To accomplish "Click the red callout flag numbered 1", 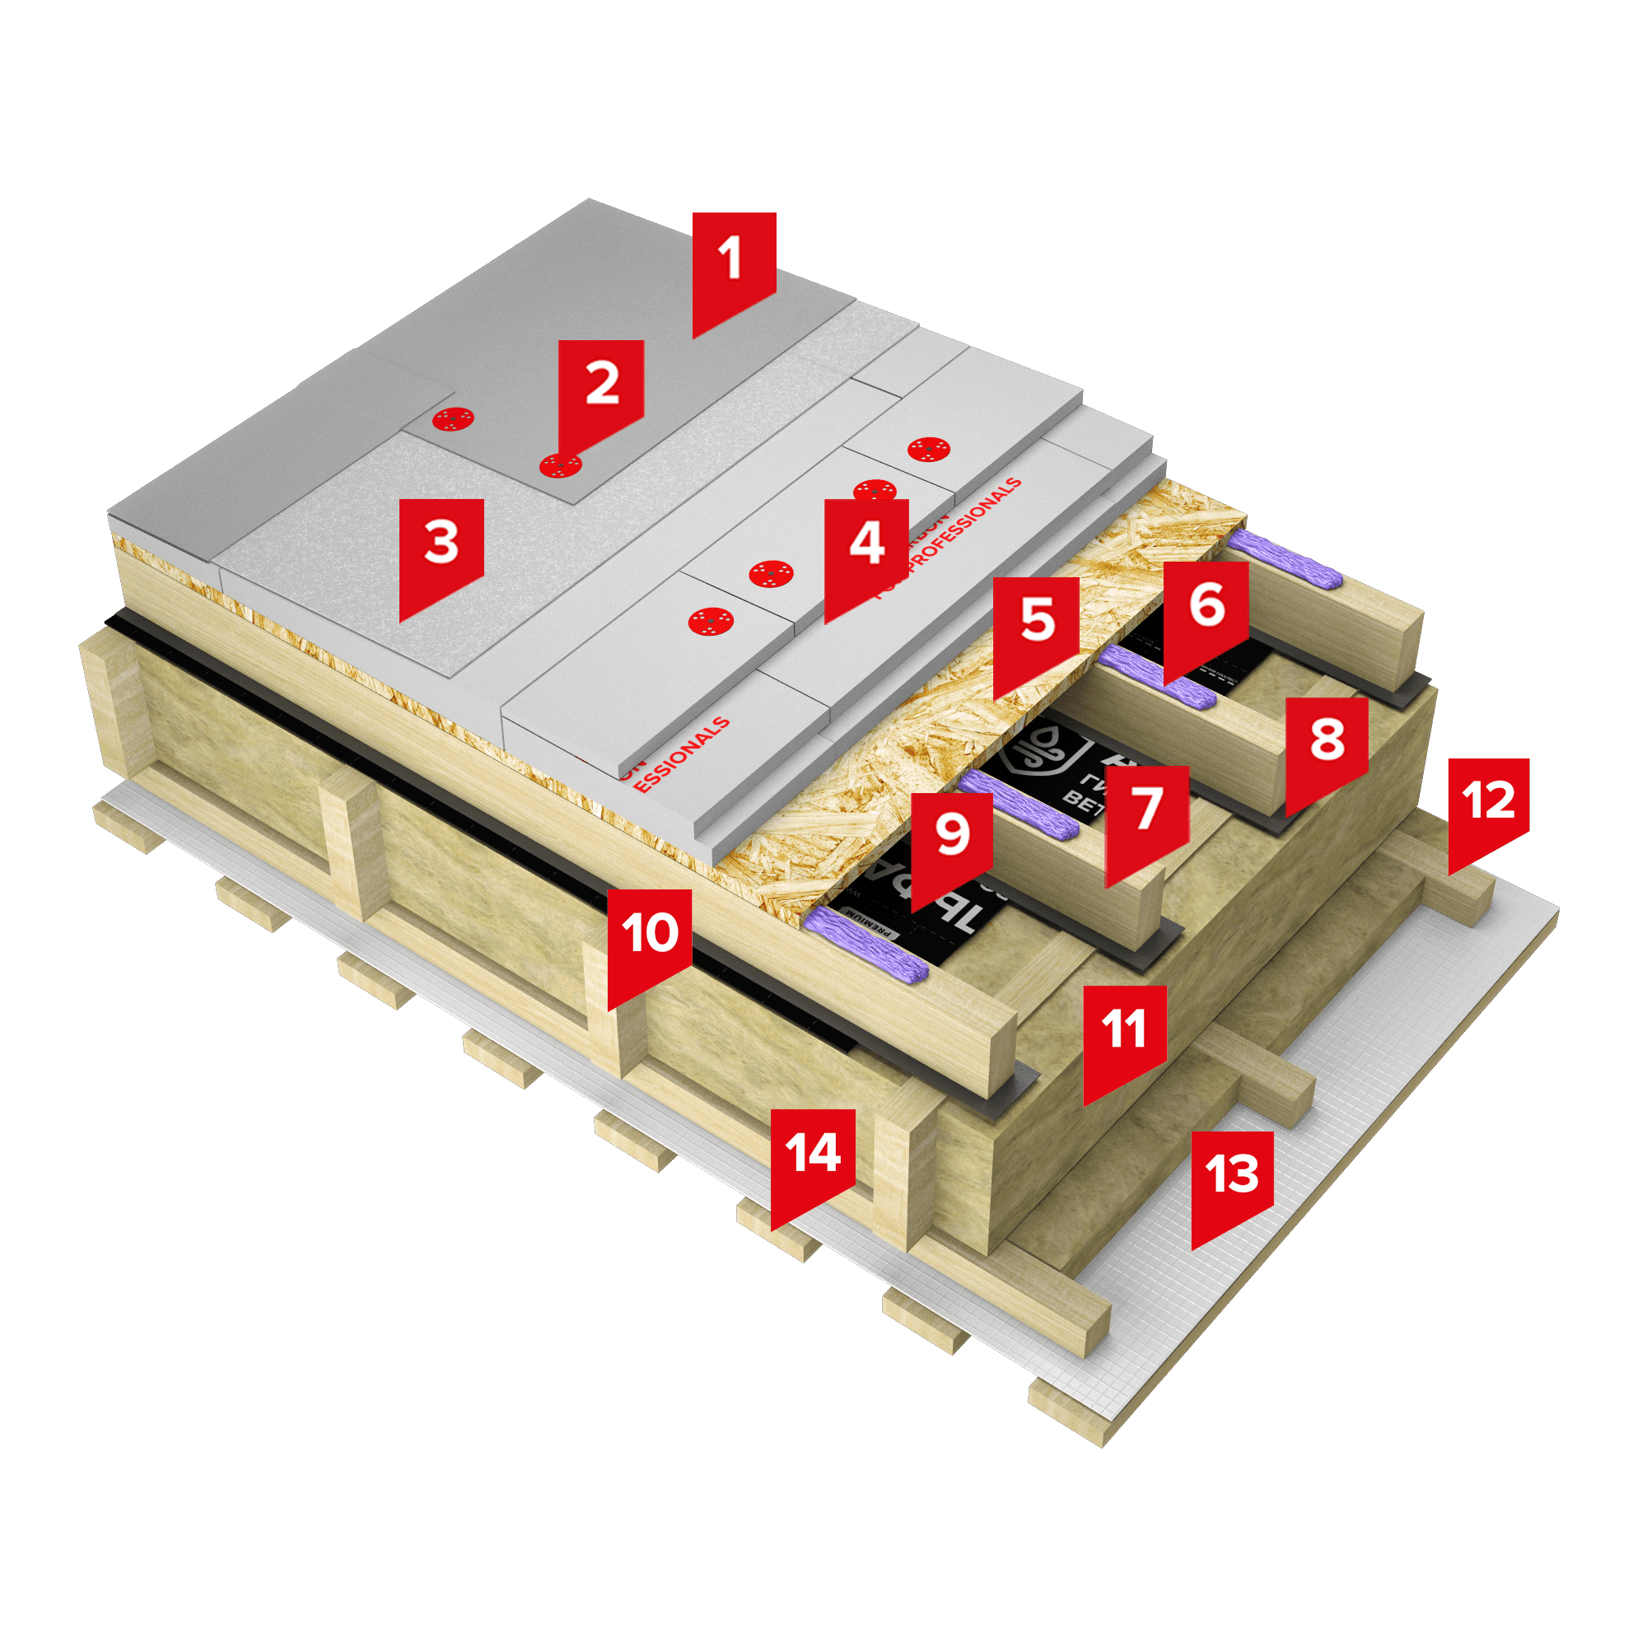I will pos(733,260).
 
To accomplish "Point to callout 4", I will pos(866,544).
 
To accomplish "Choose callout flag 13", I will pos(1232,1175).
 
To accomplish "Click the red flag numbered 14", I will pos(813,1154).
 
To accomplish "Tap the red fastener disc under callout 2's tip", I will pos(561,465).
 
